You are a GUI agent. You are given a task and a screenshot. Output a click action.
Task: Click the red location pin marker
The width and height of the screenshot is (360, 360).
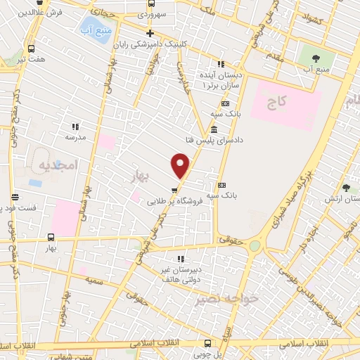point(181,166)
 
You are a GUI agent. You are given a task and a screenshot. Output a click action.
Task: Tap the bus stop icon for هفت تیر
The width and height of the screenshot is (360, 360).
point(32,49)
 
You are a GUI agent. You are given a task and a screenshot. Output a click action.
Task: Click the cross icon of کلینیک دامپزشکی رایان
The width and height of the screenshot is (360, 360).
point(150,33)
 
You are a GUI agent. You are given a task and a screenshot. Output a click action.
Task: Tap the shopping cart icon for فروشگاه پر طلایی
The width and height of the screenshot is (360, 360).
point(173,189)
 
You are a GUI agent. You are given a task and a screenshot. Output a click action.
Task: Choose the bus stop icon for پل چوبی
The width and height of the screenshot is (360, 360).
point(207,343)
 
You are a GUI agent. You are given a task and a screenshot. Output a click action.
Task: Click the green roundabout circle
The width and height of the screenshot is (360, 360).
point(255,246)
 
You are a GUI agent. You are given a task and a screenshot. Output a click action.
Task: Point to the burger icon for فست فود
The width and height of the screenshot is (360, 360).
point(15,197)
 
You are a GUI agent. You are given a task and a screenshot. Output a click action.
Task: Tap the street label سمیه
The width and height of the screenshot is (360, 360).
point(96,279)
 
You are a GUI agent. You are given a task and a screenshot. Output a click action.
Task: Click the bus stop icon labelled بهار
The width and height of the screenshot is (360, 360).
point(50,238)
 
